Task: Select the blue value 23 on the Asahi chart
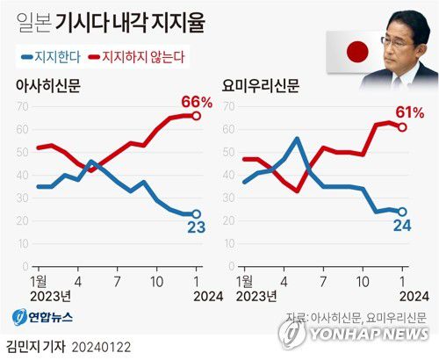pyautogui.click(x=197, y=228)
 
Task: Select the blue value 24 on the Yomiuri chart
pyautogui.click(x=402, y=227)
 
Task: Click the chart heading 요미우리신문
pyautogui.click(x=261, y=86)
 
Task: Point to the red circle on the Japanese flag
pyautogui.click(x=356, y=53)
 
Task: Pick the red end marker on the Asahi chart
pyautogui.click(x=197, y=116)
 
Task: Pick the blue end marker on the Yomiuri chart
pyautogui.click(x=403, y=212)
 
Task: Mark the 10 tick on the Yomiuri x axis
pyautogui.click(x=361, y=280)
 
